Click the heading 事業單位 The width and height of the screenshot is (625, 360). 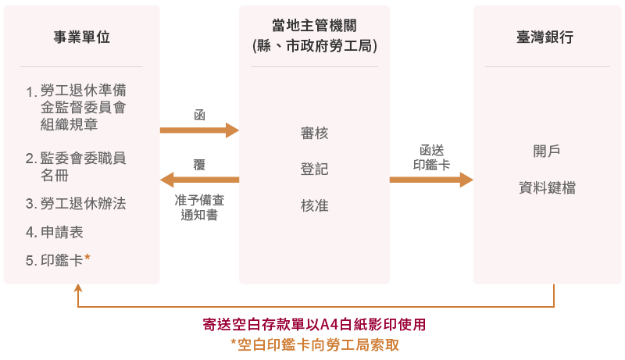point(81,37)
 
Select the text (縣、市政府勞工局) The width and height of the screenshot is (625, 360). point(314,47)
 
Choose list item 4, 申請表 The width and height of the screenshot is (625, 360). point(62,232)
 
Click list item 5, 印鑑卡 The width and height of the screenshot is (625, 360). point(62,260)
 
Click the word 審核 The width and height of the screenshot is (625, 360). point(314,134)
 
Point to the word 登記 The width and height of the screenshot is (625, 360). point(314,169)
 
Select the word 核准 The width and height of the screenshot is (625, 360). point(314,206)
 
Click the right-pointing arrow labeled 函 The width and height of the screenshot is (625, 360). point(199,130)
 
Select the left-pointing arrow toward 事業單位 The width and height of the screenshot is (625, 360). point(199,180)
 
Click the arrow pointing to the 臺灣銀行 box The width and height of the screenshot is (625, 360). point(431,180)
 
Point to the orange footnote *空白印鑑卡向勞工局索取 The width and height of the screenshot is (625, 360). point(314,344)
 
